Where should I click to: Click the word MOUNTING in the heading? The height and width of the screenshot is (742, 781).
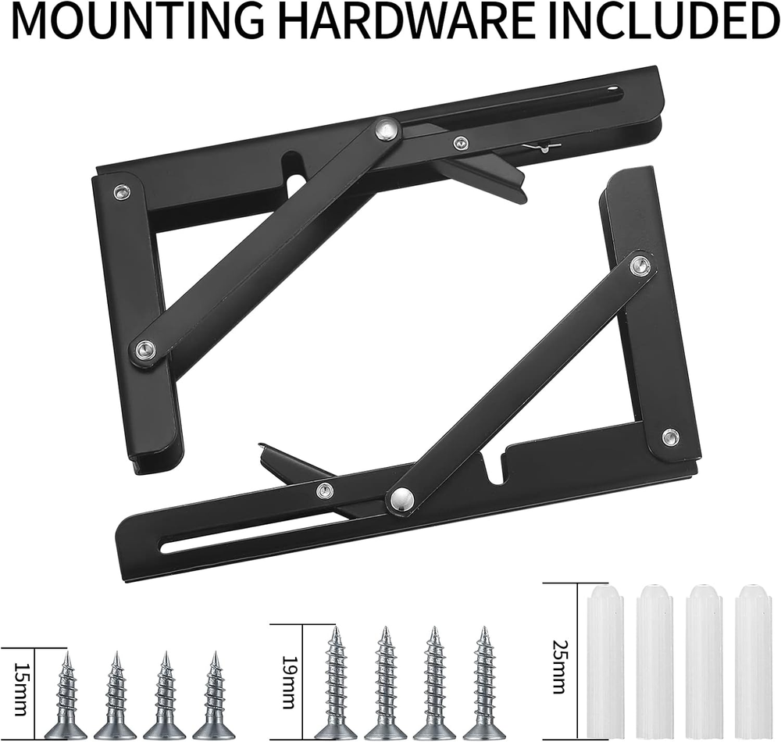click(x=134, y=21)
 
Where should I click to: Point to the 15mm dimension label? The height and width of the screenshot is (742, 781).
click(x=20, y=689)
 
